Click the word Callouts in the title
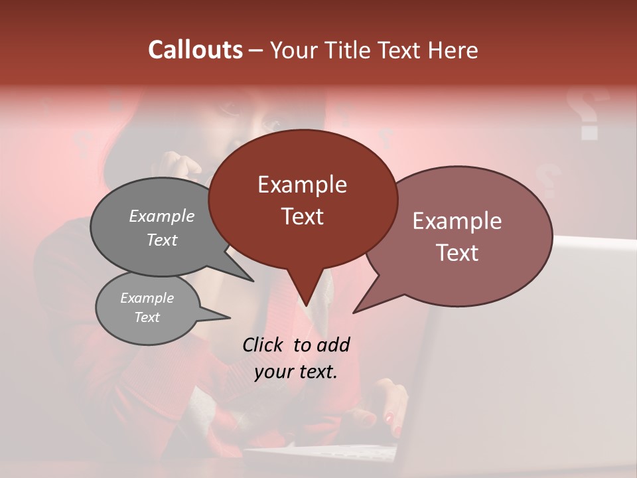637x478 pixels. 195,50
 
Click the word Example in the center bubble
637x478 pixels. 302,184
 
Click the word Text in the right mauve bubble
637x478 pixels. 458,253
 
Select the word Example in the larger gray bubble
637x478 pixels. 162,216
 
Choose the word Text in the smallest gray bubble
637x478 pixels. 147,317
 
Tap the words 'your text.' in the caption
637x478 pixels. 296,372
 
